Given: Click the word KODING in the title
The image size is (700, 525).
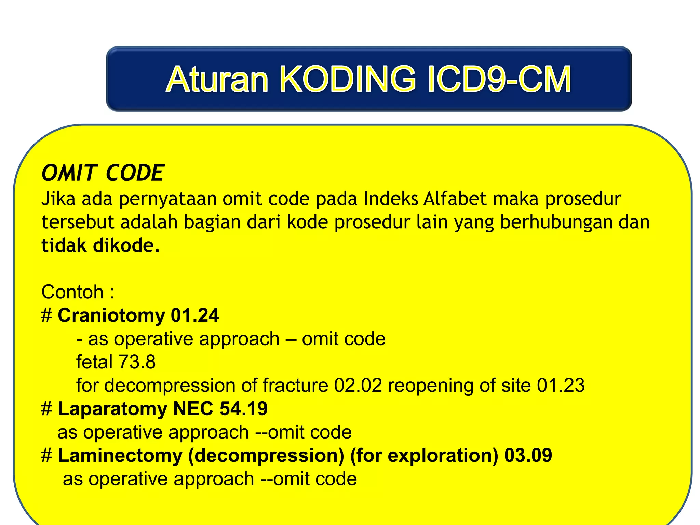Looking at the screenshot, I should click(x=348, y=79).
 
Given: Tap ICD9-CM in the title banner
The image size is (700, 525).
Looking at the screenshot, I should click(x=499, y=79).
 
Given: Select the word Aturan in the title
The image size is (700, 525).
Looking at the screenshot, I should click(x=217, y=79).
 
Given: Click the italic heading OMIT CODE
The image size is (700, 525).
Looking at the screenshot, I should click(x=103, y=173).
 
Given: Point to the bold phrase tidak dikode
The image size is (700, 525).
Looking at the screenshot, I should click(x=100, y=245).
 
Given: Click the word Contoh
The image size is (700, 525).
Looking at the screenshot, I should click(x=72, y=292).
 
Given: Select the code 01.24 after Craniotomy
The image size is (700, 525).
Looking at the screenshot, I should click(x=194, y=315).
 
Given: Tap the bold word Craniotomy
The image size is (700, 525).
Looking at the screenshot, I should click(x=111, y=315).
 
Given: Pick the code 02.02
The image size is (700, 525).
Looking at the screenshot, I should click(x=358, y=386).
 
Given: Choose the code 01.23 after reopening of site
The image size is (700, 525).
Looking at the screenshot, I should click(x=561, y=386).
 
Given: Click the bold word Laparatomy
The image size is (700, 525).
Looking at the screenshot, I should click(x=112, y=409).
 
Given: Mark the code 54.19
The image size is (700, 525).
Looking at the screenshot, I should click(x=243, y=409).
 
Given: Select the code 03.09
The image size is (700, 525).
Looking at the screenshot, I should click(x=528, y=456).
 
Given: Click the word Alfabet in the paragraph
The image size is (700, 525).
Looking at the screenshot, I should click(x=454, y=199).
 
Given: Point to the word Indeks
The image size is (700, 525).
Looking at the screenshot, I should click(x=391, y=199).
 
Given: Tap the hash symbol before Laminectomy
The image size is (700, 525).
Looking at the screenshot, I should click(x=46, y=456).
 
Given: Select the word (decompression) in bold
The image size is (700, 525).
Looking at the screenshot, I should click(x=266, y=456).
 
